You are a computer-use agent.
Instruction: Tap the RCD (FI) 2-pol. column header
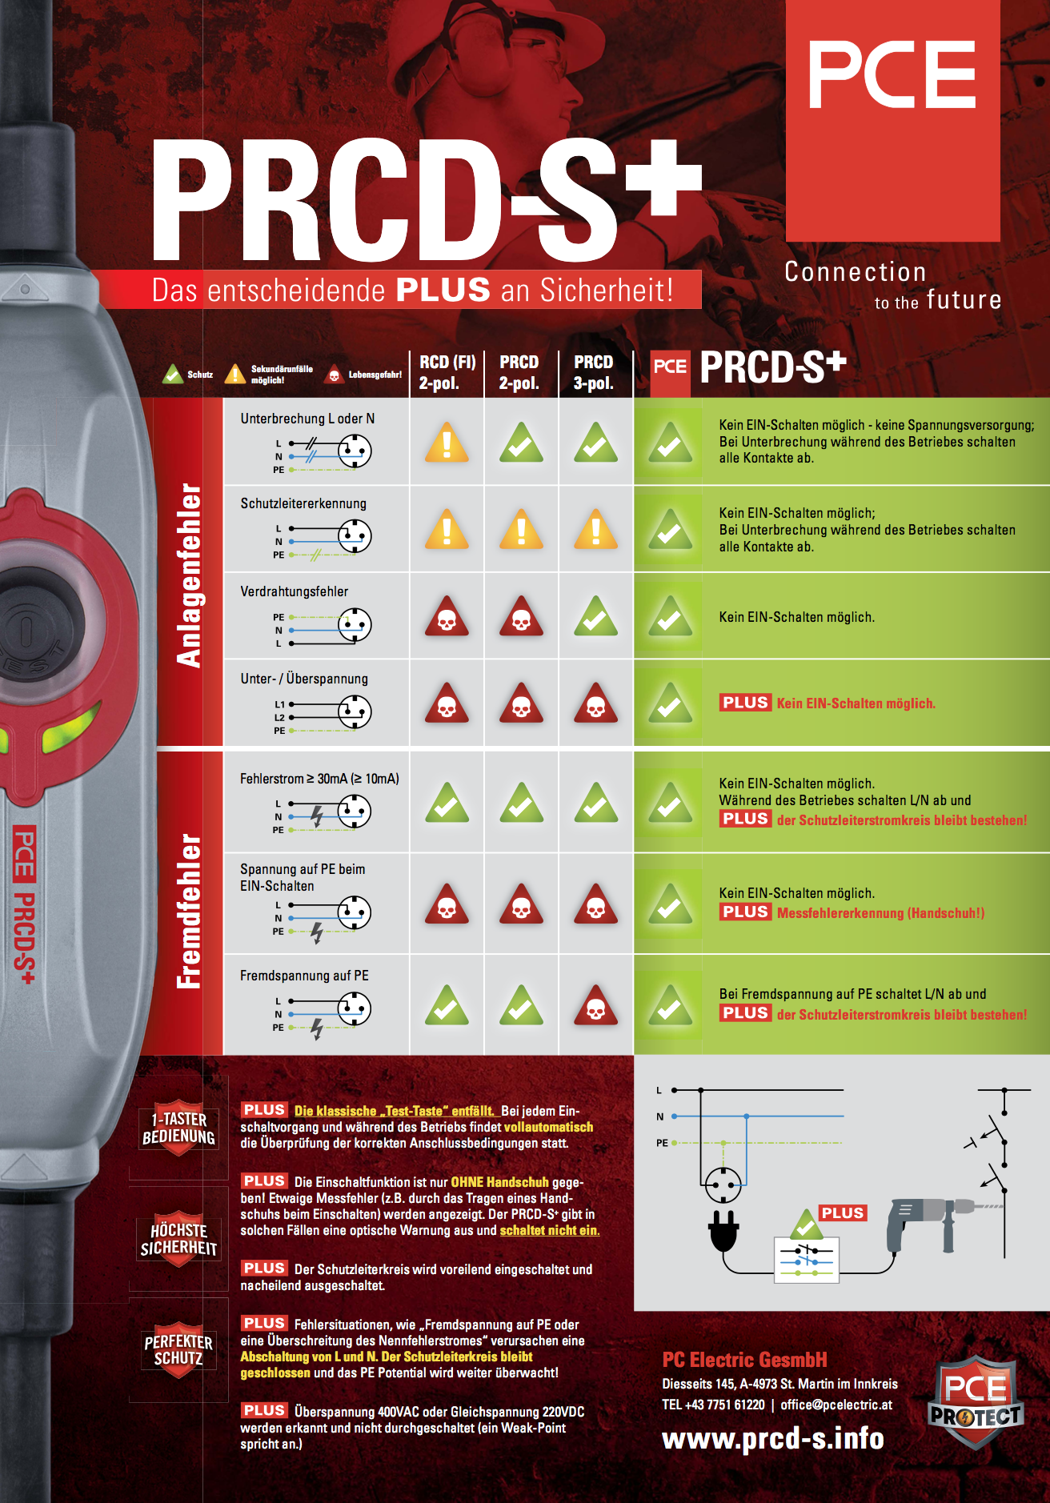click(x=447, y=372)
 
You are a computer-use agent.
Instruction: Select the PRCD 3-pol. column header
click(x=594, y=372)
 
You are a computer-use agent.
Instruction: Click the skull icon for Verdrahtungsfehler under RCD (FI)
click(x=447, y=615)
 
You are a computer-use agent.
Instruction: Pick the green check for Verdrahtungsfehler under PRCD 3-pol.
click(x=595, y=615)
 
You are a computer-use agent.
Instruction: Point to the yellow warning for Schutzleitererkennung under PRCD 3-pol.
click(x=595, y=528)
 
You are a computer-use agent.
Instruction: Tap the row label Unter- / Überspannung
click(x=304, y=679)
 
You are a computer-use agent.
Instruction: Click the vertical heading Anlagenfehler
click(x=190, y=575)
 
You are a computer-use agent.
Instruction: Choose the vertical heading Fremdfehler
click(x=190, y=911)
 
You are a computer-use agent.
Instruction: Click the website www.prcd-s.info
click(x=773, y=1439)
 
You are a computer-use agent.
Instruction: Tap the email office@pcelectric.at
click(x=836, y=1405)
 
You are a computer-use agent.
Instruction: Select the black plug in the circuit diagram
click(x=723, y=1229)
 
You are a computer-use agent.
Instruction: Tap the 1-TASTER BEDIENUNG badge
click(x=178, y=1128)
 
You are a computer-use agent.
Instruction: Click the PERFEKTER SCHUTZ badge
click(x=178, y=1350)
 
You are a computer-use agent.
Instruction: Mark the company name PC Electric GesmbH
click(x=744, y=1360)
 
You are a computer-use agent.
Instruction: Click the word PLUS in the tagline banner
click(x=443, y=290)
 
